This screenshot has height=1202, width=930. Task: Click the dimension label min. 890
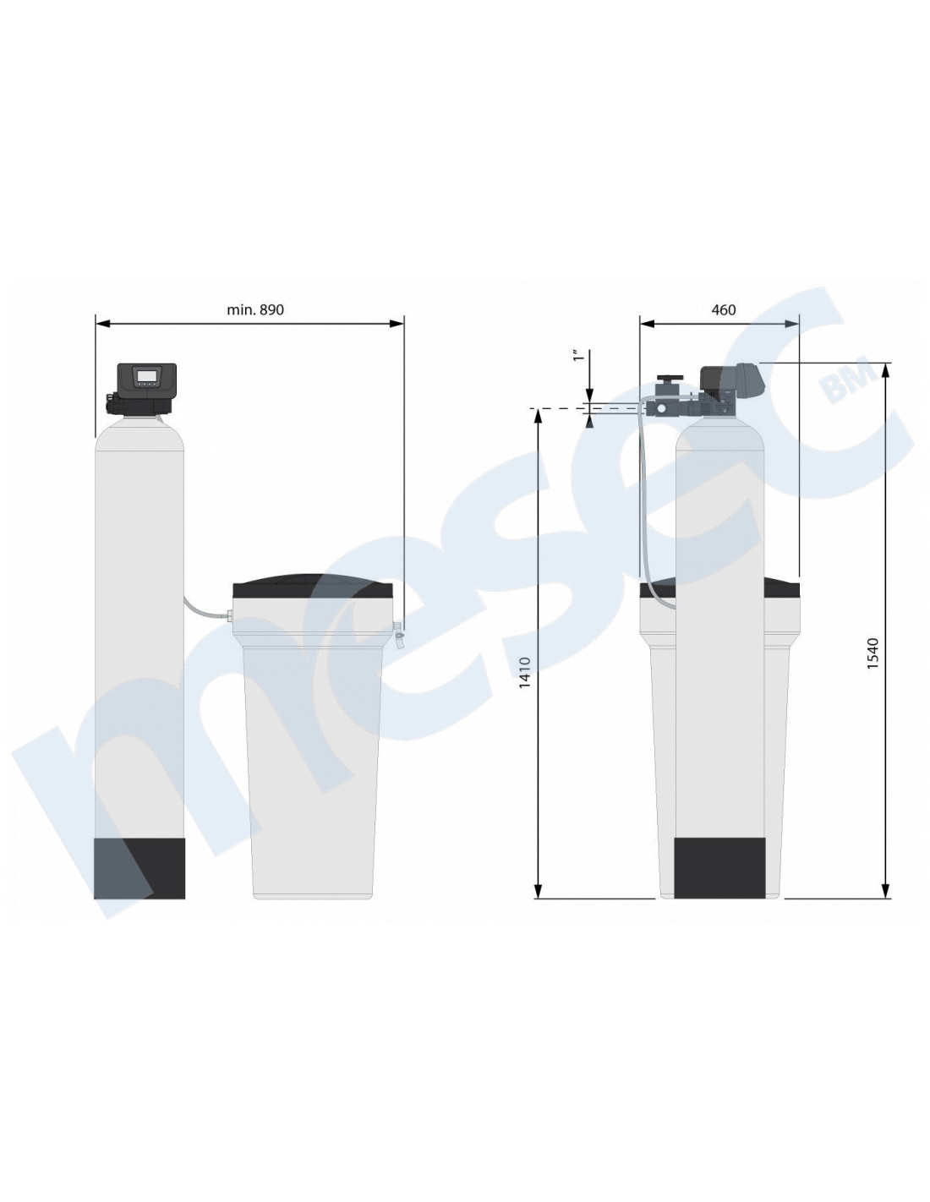coord(255,309)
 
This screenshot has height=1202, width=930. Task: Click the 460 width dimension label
coord(724,309)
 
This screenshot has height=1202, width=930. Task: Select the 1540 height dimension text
coord(873,654)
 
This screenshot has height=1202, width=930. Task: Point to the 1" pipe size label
coord(579,356)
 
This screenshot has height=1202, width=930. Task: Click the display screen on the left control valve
coord(146,376)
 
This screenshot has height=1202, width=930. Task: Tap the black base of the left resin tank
coord(139,868)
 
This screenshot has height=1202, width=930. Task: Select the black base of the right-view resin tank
coord(719,867)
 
